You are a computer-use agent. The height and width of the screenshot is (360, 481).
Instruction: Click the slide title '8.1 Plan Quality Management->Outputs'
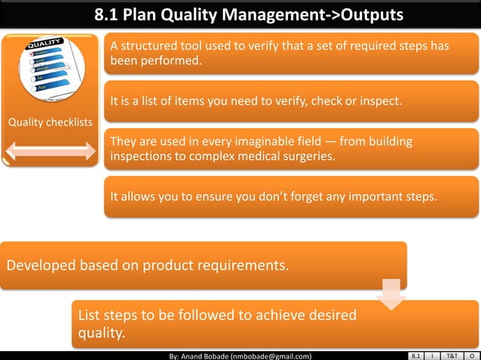click(x=249, y=15)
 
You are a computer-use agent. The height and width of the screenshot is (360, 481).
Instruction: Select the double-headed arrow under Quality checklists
click(x=51, y=151)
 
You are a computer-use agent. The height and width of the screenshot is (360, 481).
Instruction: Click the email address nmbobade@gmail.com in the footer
click(x=271, y=355)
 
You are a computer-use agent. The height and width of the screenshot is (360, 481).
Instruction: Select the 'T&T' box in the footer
click(x=452, y=355)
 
